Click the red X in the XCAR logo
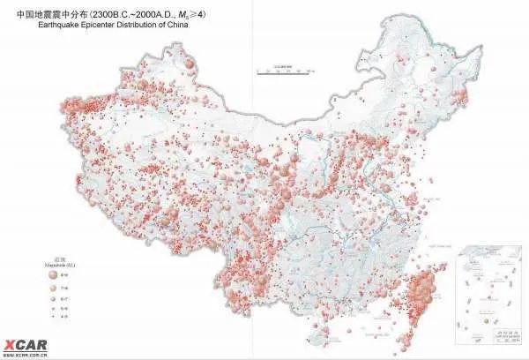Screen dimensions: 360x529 (x=8, y=344)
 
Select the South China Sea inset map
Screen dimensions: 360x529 (x=485, y=295)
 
